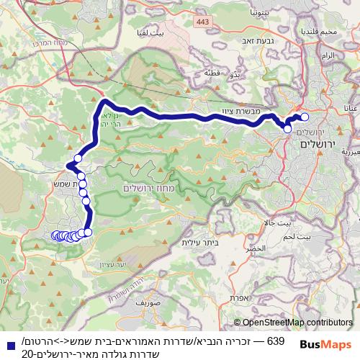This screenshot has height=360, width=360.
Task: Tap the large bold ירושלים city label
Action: click(x=318, y=144)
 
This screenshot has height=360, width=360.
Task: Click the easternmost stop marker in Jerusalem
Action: click(x=305, y=117)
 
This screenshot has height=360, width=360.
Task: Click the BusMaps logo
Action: click(x=325, y=345)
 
